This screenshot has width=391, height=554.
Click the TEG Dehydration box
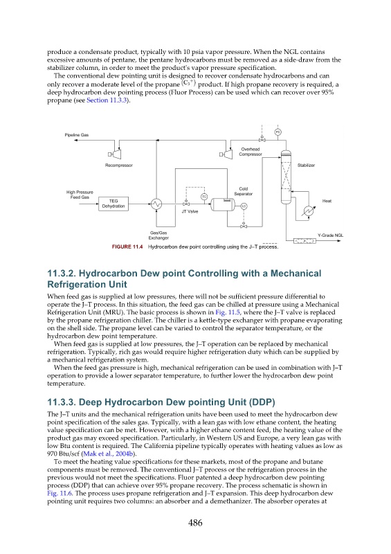(x=113, y=204)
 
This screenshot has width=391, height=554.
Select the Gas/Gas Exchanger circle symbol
(x=156, y=204)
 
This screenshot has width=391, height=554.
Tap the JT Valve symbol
(x=185, y=204)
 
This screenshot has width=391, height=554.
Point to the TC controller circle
(x=204, y=197)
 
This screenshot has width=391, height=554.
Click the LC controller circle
(x=244, y=206)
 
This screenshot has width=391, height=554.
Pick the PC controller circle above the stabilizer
(x=278, y=132)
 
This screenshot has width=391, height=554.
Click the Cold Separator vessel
(x=223, y=204)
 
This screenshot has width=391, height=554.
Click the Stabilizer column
(x=286, y=177)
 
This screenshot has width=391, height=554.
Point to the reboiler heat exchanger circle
(x=307, y=211)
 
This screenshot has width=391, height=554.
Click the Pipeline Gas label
(x=77, y=135)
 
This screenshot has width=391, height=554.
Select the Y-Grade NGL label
(x=330, y=235)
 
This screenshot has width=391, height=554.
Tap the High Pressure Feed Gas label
(x=80, y=195)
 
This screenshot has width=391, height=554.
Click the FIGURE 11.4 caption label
(x=127, y=247)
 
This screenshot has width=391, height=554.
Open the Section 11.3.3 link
(x=107, y=100)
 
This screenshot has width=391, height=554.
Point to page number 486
(x=195, y=523)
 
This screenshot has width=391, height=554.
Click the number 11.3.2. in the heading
(x=61, y=274)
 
